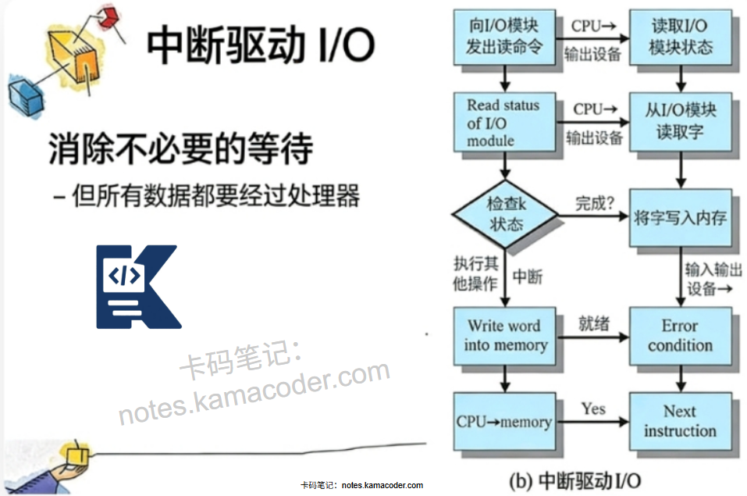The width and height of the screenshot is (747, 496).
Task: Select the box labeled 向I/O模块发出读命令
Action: [503, 36]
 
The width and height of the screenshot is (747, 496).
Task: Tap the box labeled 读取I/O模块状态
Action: [681, 36]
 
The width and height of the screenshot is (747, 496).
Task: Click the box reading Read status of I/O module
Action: [503, 123]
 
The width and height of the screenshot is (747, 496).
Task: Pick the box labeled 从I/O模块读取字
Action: [681, 122]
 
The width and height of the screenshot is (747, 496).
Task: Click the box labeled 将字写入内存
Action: [681, 217]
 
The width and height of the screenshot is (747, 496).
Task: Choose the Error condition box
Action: [681, 336]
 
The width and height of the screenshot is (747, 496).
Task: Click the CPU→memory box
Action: [504, 422]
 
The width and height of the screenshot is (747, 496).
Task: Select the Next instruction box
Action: [680, 422]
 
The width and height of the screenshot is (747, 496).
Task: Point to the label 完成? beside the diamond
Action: [594, 204]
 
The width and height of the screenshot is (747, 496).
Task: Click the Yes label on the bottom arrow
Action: [593, 409]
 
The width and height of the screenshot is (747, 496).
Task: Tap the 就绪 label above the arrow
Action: [593, 323]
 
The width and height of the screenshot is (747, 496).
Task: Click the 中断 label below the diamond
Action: [528, 277]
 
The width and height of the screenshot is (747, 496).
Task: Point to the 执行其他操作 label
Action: [475, 273]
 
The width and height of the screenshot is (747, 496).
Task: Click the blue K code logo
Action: [136, 287]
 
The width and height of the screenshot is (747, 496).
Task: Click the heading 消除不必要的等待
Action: [181, 148]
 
